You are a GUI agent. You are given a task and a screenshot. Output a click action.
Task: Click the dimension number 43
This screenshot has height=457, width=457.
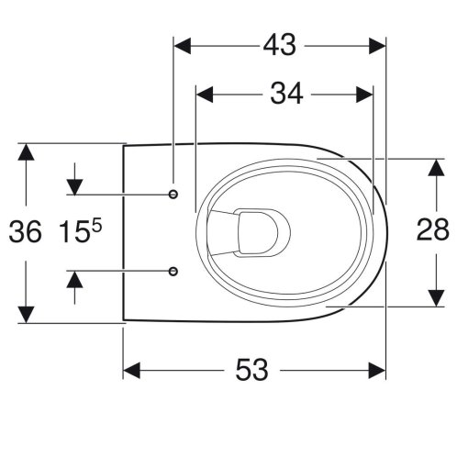[x=280, y=45]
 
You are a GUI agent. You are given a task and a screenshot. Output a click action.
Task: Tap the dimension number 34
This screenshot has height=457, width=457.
[x=286, y=94]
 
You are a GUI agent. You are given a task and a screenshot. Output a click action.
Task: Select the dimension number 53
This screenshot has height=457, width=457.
[x=251, y=370]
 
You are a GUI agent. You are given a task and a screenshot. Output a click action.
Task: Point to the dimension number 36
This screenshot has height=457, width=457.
[x=25, y=231]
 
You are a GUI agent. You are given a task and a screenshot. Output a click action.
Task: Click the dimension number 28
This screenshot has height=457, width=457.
[x=433, y=229]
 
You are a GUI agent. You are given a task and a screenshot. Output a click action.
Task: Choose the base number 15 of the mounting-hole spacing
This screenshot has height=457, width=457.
[x=73, y=232]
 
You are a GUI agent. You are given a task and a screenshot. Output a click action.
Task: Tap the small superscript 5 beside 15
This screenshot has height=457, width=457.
[x=96, y=227]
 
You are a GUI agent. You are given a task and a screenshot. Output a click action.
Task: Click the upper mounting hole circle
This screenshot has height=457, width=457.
[x=173, y=194]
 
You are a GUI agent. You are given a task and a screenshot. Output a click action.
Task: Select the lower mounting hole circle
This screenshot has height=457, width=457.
[x=173, y=271]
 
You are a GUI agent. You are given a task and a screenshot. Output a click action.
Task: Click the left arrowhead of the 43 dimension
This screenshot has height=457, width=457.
[x=183, y=46]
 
